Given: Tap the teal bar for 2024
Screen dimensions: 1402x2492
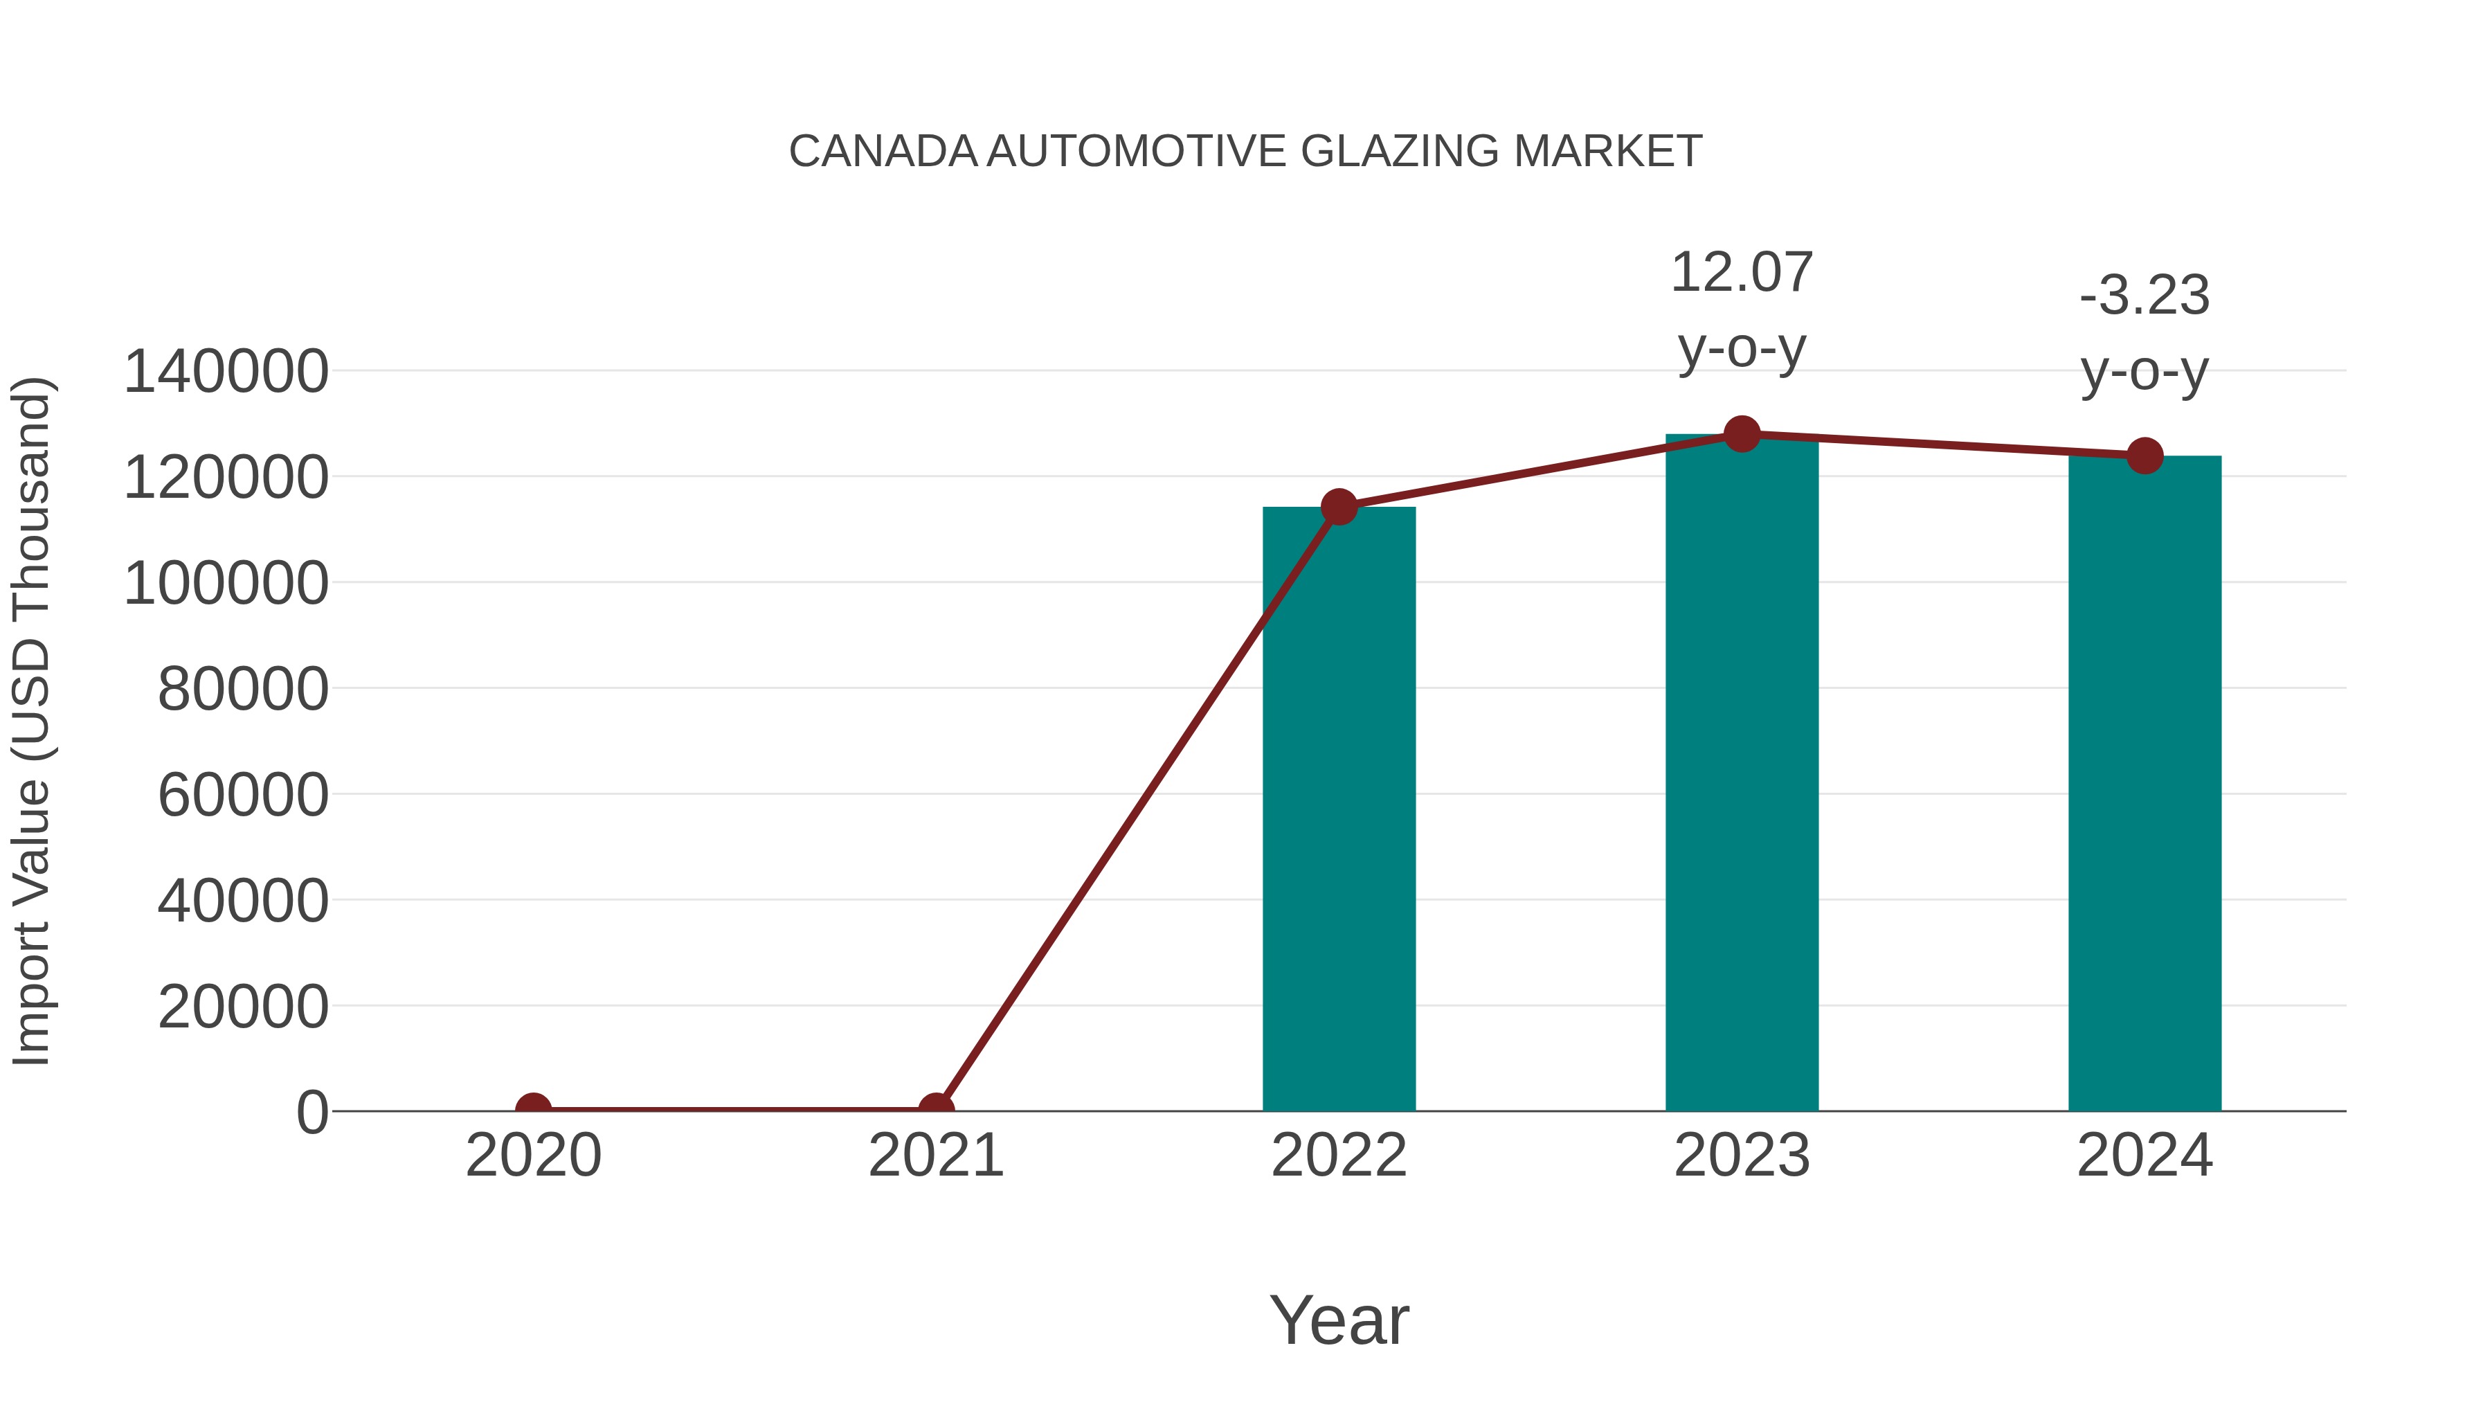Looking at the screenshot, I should point(2145,784).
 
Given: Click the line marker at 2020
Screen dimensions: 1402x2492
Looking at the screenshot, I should point(533,1110).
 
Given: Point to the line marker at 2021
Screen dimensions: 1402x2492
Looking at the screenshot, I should point(935,1110).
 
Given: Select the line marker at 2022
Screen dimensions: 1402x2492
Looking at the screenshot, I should point(1339,506).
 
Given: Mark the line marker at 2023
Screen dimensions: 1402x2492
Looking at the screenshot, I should point(1742,434).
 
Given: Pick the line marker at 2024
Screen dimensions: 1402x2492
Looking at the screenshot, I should point(2145,456).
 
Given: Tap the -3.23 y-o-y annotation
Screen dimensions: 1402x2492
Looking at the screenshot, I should point(2145,333).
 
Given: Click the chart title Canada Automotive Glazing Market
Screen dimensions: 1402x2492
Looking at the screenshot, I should point(1245,152).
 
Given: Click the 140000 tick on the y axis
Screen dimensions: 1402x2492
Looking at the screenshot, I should point(226,372).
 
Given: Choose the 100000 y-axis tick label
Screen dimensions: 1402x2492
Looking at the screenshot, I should point(226,584).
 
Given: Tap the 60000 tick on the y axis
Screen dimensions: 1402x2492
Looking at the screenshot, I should point(243,796).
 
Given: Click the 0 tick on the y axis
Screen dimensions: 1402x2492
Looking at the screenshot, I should point(312,1112).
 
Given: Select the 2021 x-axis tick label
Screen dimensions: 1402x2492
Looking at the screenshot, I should point(935,1156).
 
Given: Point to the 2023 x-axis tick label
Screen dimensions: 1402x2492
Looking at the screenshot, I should point(1742,1156).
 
